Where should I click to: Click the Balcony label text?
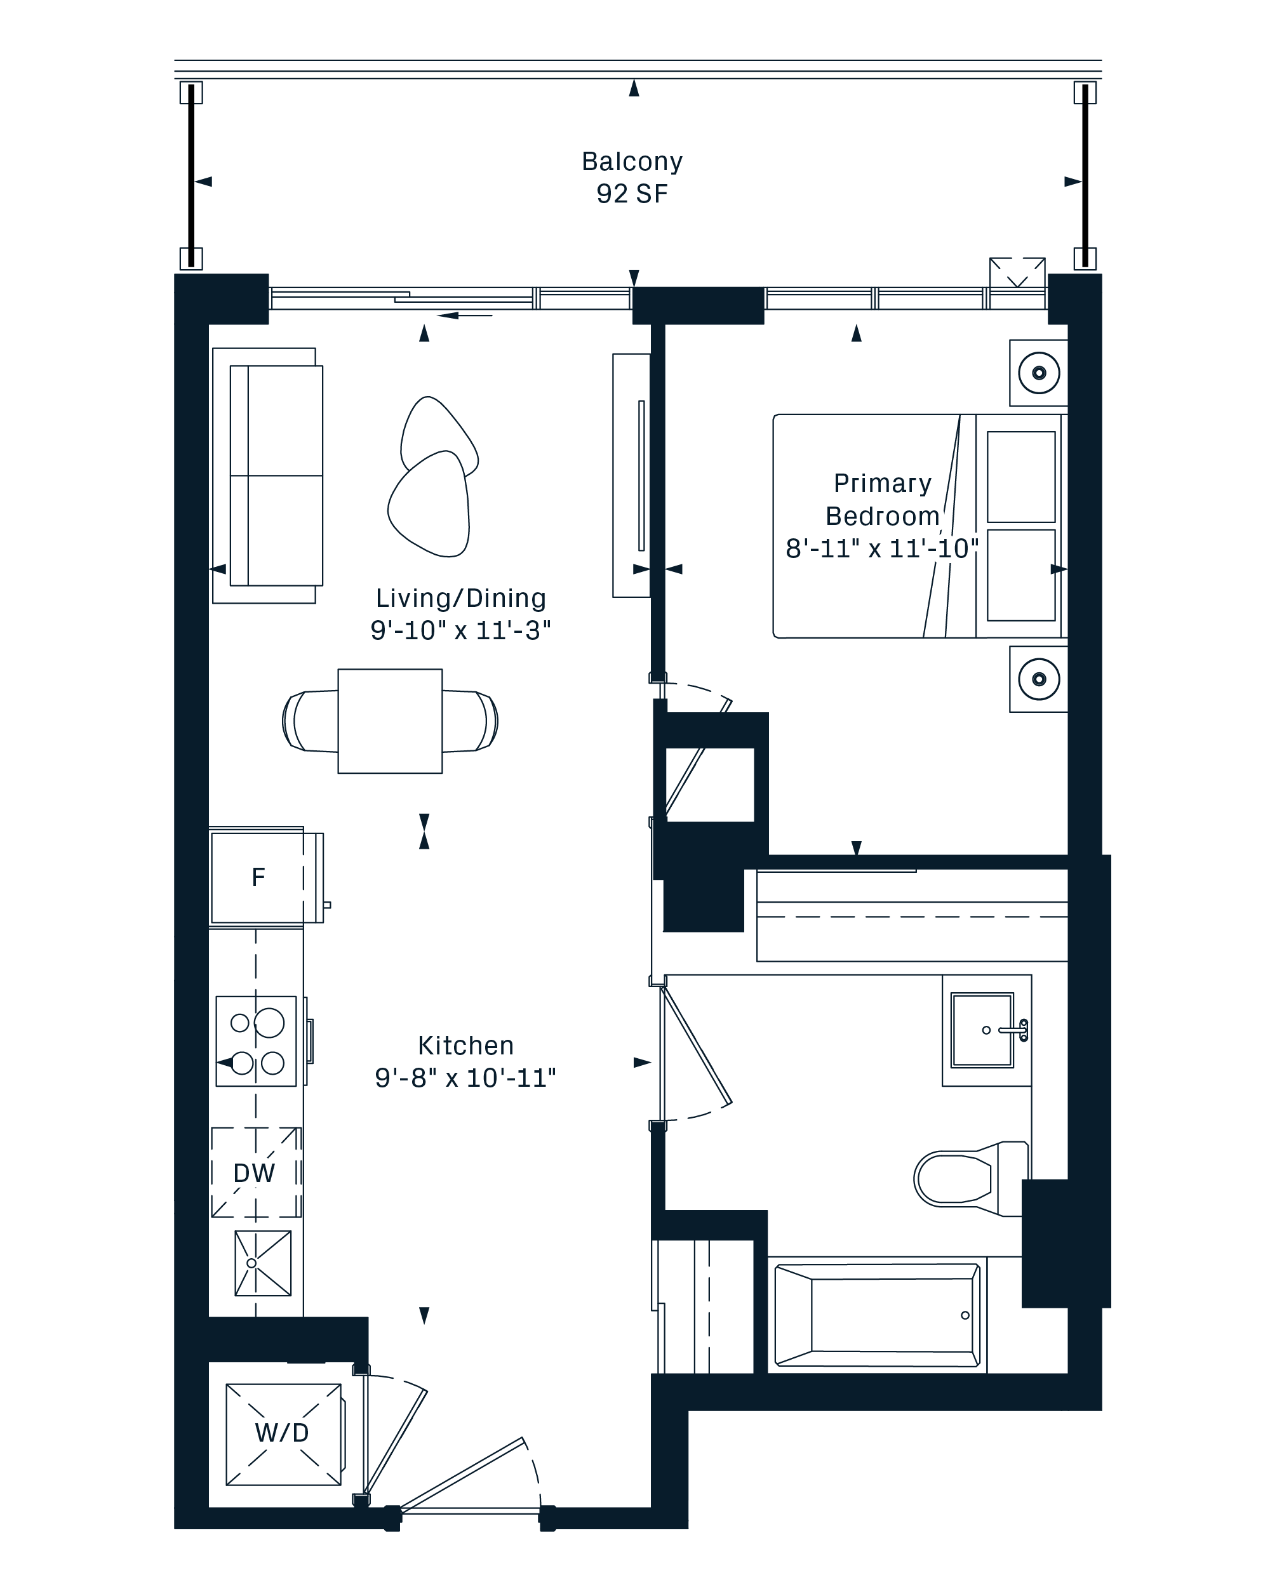tap(632, 161)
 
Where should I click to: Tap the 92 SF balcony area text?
tap(632, 194)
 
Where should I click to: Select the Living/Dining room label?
tap(461, 598)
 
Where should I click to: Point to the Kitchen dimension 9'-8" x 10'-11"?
tap(465, 1078)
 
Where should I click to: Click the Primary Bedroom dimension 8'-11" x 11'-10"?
tap(882, 548)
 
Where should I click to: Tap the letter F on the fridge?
tap(258, 877)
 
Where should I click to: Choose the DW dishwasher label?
tap(254, 1173)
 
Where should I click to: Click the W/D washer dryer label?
tap(282, 1432)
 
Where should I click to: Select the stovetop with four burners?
tap(256, 1042)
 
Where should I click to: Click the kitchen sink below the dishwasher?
tap(263, 1263)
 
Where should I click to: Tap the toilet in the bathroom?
tap(971, 1178)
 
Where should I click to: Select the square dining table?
tap(390, 720)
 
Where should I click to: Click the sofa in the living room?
tap(268, 475)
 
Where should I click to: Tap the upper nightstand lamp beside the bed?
tap(1039, 373)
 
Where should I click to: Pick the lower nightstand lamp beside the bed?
tap(1039, 679)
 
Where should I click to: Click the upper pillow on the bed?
tap(1021, 477)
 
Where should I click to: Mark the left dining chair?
tap(311, 720)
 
